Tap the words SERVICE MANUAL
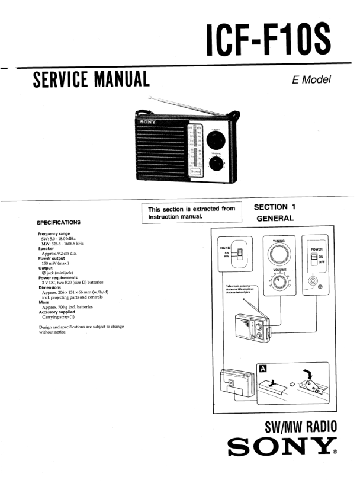[x=91, y=79]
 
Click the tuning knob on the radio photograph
[x=216, y=140]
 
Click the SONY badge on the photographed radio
[x=148, y=122]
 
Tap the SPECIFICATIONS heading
[x=59, y=222]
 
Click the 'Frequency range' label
[x=54, y=234]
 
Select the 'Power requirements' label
[x=59, y=277]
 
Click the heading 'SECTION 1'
[x=274, y=207]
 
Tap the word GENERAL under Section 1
[x=275, y=219]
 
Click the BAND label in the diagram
[x=225, y=248]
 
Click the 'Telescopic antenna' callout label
[x=239, y=286]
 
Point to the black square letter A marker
[x=263, y=368]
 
